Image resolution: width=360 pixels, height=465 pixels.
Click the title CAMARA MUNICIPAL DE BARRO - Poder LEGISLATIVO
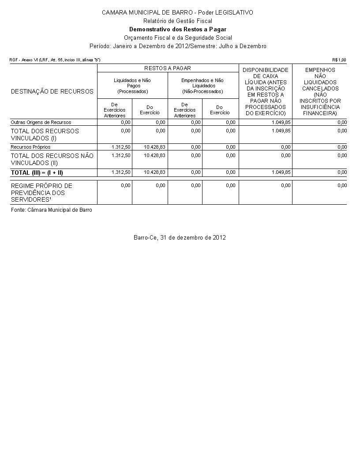point(177,12)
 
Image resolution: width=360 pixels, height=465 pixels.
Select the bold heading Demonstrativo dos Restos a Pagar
point(177,29)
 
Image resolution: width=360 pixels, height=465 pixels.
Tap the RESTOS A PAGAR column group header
point(168,68)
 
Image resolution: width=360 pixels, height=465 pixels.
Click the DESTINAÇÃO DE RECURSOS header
point(52,91)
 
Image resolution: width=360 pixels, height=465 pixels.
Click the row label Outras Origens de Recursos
point(41,122)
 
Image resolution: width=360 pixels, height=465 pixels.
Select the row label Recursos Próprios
point(30,147)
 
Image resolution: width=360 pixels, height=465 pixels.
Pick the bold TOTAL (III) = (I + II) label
point(37,172)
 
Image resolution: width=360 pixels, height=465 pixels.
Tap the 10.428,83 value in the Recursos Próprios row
point(155,147)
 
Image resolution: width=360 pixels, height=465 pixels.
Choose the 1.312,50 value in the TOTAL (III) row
point(121,172)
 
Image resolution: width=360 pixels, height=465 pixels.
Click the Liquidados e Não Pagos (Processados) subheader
point(132,86)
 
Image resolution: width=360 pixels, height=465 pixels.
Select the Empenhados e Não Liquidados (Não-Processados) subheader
point(202,86)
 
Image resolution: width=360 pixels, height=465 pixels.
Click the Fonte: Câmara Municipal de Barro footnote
point(52,210)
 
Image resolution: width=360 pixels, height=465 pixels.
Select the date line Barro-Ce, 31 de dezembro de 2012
point(180,237)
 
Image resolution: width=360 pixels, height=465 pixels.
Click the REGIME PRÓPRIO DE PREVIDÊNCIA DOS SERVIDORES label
point(41,192)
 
